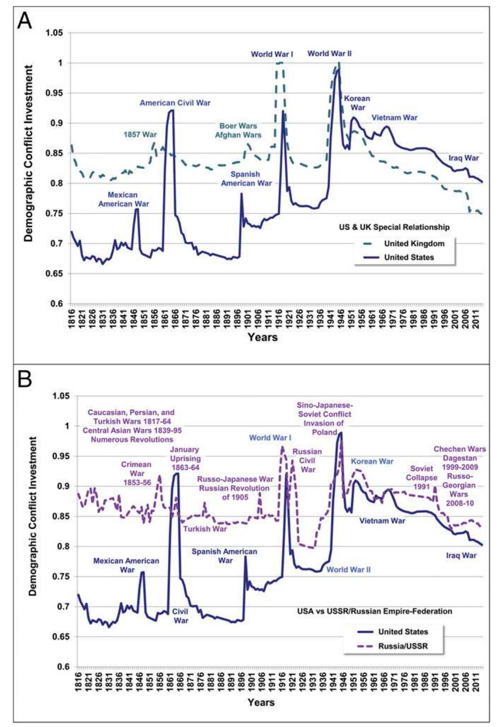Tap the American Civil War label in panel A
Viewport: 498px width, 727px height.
[x=175, y=102]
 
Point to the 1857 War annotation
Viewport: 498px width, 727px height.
[x=140, y=134]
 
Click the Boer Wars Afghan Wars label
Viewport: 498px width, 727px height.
[x=238, y=130]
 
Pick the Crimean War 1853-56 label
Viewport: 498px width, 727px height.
[x=136, y=473]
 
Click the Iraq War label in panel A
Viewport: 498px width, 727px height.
[x=463, y=158]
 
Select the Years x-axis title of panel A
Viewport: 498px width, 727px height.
[x=263, y=337]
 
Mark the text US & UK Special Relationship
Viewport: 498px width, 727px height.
[x=394, y=227]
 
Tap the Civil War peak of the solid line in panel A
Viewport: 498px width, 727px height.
[x=172, y=110]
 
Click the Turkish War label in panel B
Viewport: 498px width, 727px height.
[x=204, y=529]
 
